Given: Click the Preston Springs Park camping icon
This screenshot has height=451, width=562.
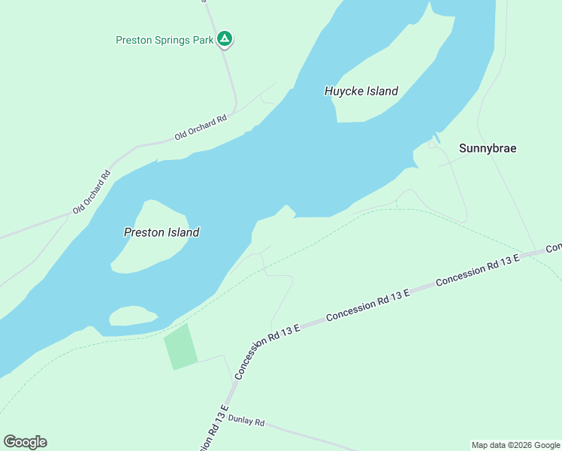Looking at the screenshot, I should pyautogui.click(x=224, y=38).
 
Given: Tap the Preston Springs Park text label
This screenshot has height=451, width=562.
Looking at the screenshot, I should pyautogui.click(x=165, y=40).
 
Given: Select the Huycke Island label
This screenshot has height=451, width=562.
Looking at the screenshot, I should pyautogui.click(x=361, y=91).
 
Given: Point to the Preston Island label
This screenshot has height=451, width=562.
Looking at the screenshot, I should pyautogui.click(x=162, y=232).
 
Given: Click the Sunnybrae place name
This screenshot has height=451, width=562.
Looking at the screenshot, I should pyautogui.click(x=488, y=148).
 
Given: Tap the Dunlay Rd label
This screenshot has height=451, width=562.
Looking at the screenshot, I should pyautogui.click(x=246, y=422).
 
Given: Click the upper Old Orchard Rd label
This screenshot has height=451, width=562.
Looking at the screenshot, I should pyautogui.click(x=201, y=128).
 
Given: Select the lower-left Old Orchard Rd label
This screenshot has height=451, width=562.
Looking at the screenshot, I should pyautogui.click(x=92, y=191).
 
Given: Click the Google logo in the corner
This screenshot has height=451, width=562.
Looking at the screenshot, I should pyautogui.click(x=25, y=442).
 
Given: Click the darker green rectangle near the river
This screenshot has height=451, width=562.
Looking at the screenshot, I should pyautogui.click(x=181, y=347).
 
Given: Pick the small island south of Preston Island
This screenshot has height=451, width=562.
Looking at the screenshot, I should pyautogui.click(x=132, y=316).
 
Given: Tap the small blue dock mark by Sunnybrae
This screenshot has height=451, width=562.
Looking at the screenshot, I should pyautogui.click(x=437, y=138).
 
